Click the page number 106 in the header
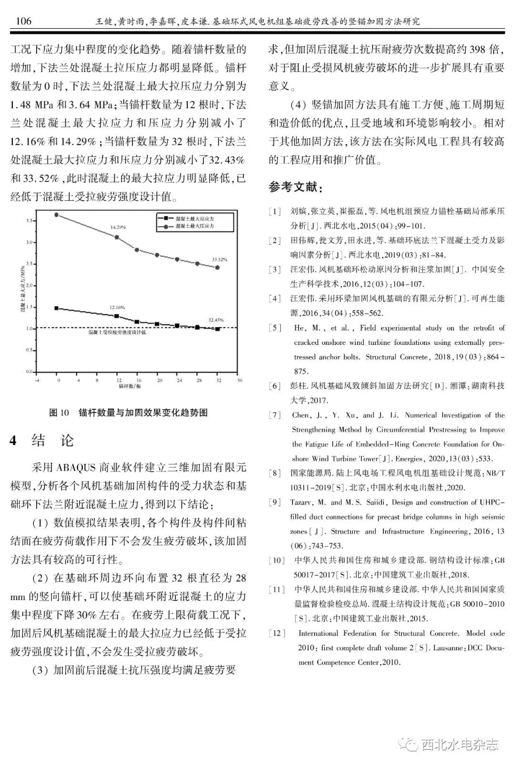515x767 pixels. pos(23,21)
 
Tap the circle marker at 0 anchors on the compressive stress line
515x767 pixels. pos(57,215)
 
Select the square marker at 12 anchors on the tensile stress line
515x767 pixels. pos(117,316)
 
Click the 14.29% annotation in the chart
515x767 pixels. pos(118,227)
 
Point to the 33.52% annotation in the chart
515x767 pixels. pos(219,259)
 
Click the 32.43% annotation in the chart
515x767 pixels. pos(216,320)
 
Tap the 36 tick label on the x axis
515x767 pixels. pos(240,380)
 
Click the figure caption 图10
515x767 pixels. pos(59,413)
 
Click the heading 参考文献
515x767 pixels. pos(295,187)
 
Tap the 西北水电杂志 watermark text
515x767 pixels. pos(460,744)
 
